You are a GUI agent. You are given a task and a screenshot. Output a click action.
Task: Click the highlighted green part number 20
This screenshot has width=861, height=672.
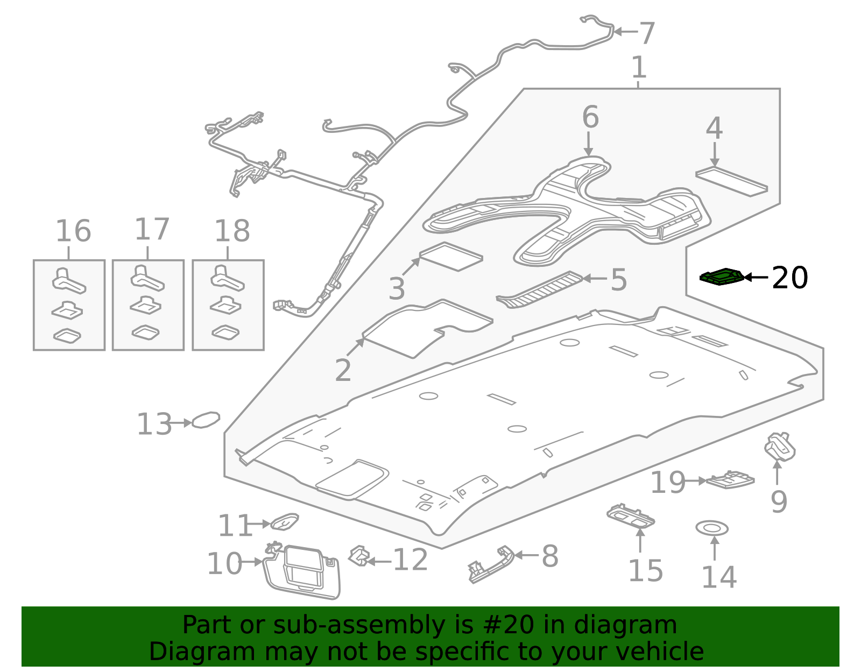[x=722, y=277]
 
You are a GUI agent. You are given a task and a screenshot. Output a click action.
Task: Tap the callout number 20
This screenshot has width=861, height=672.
[x=789, y=278]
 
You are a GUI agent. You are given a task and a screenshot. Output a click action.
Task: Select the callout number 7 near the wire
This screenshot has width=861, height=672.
[x=646, y=33]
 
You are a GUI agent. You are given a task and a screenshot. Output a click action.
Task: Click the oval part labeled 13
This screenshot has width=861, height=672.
[x=206, y=419]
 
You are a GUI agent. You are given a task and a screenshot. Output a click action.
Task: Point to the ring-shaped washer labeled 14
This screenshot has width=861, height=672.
[x=712, y=528]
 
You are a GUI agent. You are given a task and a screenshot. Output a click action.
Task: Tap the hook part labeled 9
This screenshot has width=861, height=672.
[x=780, y=447]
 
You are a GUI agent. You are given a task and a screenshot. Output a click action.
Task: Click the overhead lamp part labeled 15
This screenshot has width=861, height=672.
[x=631, y=515]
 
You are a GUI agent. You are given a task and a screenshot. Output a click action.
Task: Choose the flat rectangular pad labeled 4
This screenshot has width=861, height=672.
[x=731, y=182]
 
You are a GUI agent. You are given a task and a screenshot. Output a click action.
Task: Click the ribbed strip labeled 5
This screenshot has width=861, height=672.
[x=540, y=289]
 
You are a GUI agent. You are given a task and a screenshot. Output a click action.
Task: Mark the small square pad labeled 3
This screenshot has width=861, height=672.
[x=451, y=257]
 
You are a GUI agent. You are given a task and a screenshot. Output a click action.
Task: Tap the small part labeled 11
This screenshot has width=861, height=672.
[x=284, y=521]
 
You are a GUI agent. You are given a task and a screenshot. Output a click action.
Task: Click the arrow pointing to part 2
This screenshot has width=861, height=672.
[x=356, y=347]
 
